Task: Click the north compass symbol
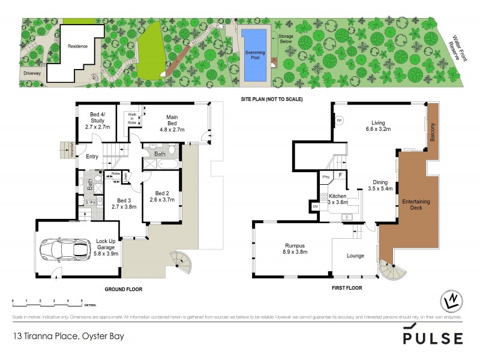pos(451,299)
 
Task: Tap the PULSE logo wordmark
pos(433,338)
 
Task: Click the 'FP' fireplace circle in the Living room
pos(339,119)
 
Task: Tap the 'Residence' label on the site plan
pos(77,46)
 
